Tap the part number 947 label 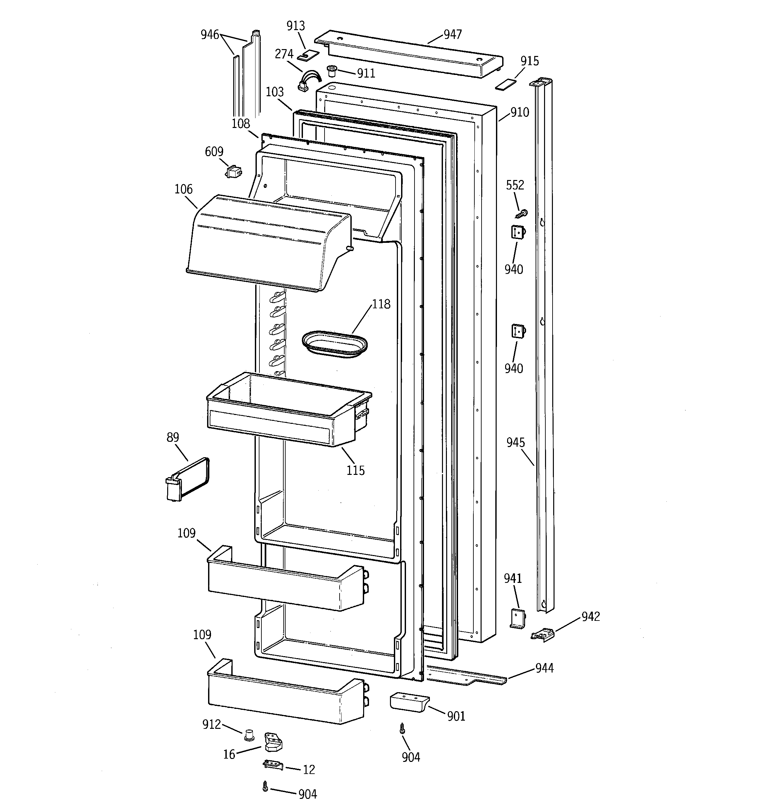click(x=453, y=34)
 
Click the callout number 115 click(x=355, y=470)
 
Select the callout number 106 click(x=183, y=189)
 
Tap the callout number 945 click(x=515, y=442)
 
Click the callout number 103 click(x=274, y=92)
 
